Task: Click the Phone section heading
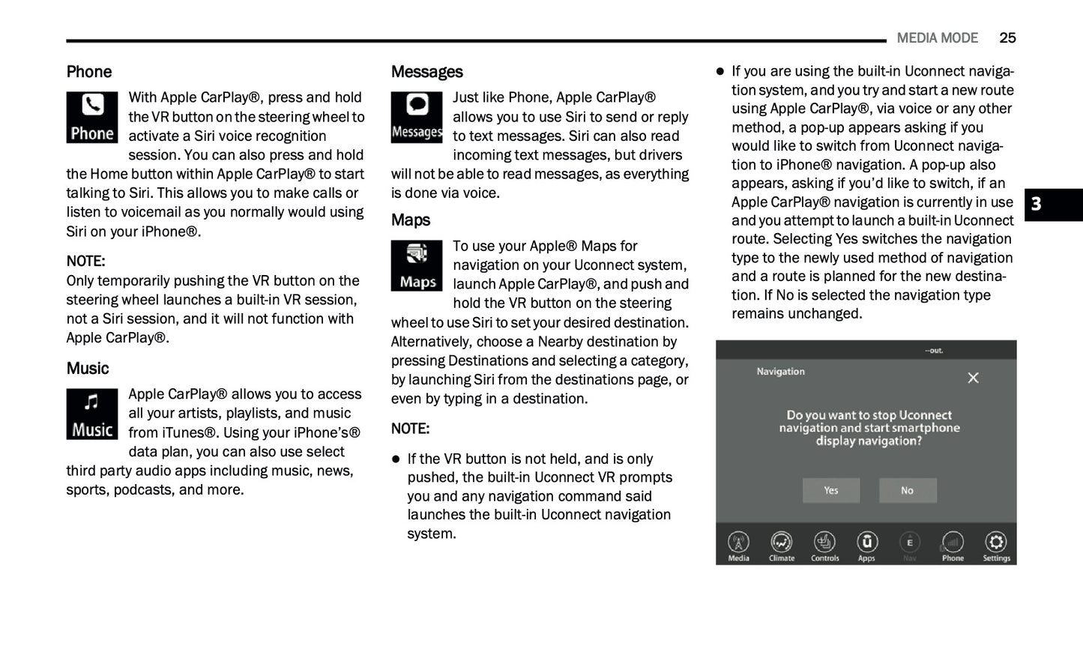tap(88, 72)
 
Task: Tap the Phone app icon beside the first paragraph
tap(92, 118)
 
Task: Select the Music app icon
tap(92, 414)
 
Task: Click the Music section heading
tap(87, 369)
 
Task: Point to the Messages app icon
tap(417, 118)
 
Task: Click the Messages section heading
tap(426, 72)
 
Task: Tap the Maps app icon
tap(417, 266)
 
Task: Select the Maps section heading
tap(410, 220)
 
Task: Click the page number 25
tap(1007, 38)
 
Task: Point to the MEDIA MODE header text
tap(937, 38)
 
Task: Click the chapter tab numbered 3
tap(1037, 205)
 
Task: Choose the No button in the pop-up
tap(907, 491)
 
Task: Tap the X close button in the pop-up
tap(973, 378)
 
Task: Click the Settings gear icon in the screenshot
tap(996, 543)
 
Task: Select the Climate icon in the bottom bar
tap(781, 543)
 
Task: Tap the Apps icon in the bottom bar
tap(866, 543)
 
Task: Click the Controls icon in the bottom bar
tap(824, 543)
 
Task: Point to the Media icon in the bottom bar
tap(738, 543)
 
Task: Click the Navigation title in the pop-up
tap(780, 372)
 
